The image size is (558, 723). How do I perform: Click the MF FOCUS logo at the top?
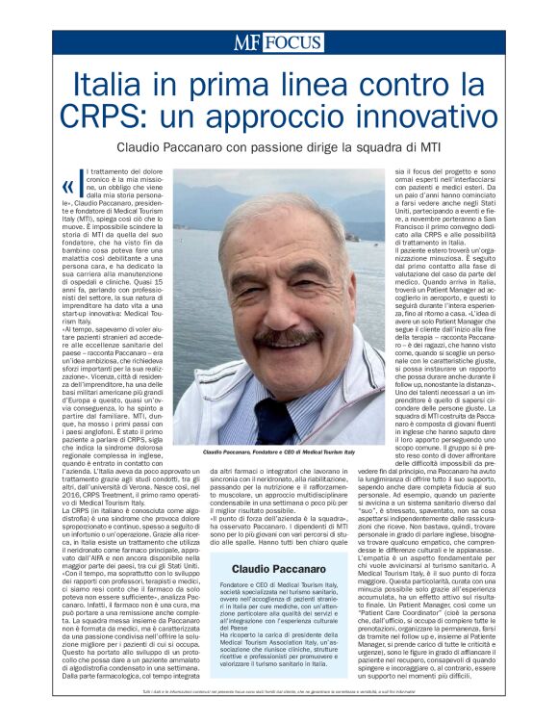point(278,42)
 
